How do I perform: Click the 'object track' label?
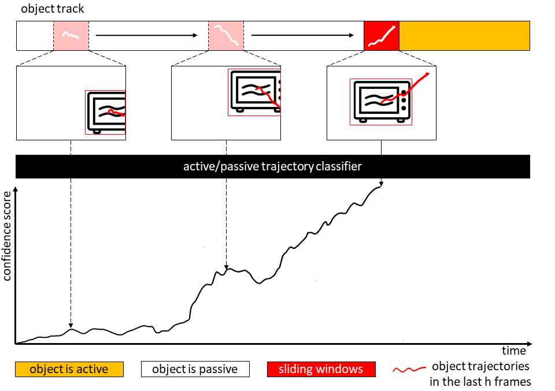pyautogui.click(x=53, y=9)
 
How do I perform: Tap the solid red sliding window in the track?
pyautogui.click(x=382, y=36)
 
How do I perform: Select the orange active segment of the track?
pyautogui.click(x=464, y=36)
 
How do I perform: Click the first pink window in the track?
pyautogui.click(x=71, y=36)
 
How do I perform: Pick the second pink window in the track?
pyautogui.click(x=226, y=36)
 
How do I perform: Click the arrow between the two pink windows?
pyautogui.click(x=146, y=35)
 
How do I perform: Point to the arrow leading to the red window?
pyautogui.click(x=302, y=35)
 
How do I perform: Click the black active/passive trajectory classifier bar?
pyautogui.click(x=272, y=166)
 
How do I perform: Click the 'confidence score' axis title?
pyautogui.click(x=7, y=236)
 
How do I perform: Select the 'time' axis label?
pyautogui.click(x=514, y=351)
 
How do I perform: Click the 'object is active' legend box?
pyautogui.click(x=69, y=369)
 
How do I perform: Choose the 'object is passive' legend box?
pyautogui.click(x=195, y=369)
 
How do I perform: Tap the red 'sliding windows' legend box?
pyautogui.click(x=321, y=369)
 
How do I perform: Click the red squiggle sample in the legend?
pyautogui.click(x=409, y=370)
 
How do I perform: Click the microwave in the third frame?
pyautogui.click(x=382, y=102)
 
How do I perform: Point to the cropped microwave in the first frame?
pyautogui.click(x=106, y=113)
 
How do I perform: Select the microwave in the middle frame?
pyautogui.click(x=256, y=92)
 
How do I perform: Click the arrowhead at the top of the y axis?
pyautogui.click(x=15, y=190)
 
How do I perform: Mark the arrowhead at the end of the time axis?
pyautogui.click(x=529, y=344)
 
